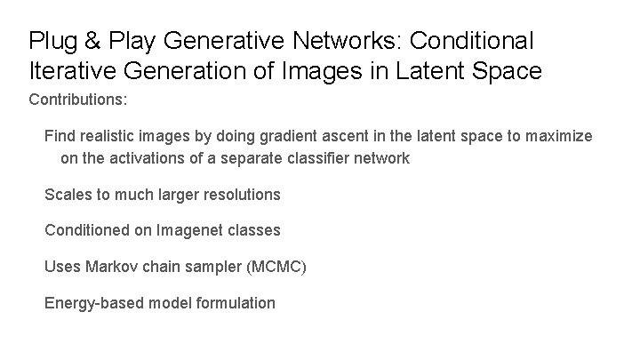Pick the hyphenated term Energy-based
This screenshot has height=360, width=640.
93,303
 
